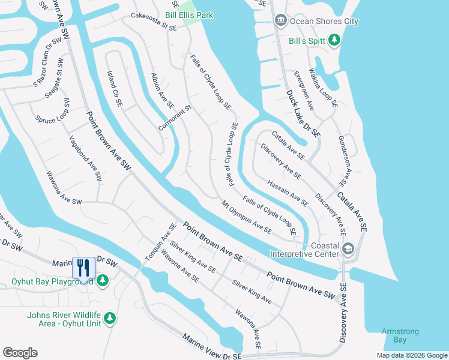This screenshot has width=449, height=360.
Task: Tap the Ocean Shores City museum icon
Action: click(280, 22)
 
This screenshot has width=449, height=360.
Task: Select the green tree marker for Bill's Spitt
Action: click(334, 40)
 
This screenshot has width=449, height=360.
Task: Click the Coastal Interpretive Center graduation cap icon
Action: click(348, 248)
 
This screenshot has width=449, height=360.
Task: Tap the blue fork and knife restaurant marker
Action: click(83, 267)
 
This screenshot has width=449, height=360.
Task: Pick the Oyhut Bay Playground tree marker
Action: click(103, 280)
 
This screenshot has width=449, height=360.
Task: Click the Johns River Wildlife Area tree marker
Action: click(109, 318)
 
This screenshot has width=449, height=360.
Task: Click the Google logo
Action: click(20, 353)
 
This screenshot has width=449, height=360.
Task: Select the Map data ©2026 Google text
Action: click(411, 355)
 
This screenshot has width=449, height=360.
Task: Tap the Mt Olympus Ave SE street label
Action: click(247, 217)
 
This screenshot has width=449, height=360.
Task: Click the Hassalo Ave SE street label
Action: click(288, 193)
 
